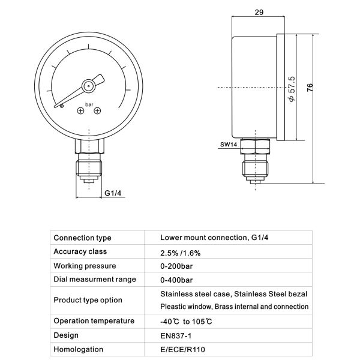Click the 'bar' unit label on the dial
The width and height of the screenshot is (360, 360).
point(89,104)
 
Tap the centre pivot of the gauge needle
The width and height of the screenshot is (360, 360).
point(88,85)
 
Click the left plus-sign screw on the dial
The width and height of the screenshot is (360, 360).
point(80,110)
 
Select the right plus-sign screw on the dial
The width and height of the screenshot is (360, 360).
point(98,110)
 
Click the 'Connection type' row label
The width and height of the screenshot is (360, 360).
point(82,238)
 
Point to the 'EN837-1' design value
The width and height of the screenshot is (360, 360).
point(176,335)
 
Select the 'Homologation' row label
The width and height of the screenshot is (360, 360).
point(78,349)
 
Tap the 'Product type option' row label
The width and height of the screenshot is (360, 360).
point(88,299)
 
